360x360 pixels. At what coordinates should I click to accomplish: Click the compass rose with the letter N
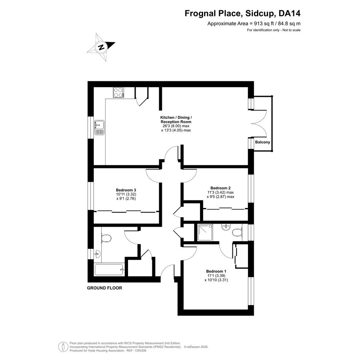tap(101, 47)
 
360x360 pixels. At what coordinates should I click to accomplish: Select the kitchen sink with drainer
tap(99, 128)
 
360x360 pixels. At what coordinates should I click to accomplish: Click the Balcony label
tap(262, 142)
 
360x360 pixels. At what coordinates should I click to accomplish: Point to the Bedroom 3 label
tap(126, 190)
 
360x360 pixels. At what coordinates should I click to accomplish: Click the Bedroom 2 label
tap(221, 188)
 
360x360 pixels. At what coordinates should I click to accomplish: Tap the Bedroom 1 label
tap(216, 271)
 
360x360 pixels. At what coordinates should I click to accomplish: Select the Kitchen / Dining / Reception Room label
tap(176, 120)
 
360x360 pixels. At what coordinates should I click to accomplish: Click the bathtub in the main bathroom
tap(109, 270)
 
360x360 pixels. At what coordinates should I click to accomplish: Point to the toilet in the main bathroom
tap(106, 238)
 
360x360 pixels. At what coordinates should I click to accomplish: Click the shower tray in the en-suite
tap(205, 233)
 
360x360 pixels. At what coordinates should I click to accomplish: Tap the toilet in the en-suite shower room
tap(237, 232)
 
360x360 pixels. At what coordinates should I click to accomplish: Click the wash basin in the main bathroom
tap(98, 254)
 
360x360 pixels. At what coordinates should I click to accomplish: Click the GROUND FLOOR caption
tap(104, 288)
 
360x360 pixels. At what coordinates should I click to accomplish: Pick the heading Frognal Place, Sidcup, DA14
tap(242, 14)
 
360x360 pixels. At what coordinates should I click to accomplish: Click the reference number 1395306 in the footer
tap(140, 350)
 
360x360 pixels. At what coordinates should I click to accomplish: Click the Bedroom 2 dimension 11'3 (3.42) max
tap(221, 192)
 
